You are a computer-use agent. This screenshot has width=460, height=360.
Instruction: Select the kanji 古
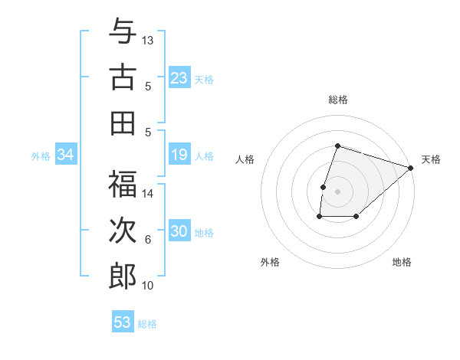(123, 77)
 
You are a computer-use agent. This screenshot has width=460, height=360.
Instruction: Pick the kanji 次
(123, 231)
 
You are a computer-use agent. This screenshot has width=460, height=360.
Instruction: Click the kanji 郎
(123, 276)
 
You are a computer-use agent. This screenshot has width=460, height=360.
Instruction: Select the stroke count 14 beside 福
(148, 194)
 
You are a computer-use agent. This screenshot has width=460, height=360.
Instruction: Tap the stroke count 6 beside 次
(148, 240)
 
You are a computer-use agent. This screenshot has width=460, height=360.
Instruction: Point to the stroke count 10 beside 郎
(148, 286)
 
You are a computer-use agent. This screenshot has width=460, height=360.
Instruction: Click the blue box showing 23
(179, 78)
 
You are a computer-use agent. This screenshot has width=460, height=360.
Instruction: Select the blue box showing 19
(179, 155)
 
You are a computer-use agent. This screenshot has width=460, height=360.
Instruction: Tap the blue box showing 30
(179, 232)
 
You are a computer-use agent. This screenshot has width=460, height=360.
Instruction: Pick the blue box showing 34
(65, 155)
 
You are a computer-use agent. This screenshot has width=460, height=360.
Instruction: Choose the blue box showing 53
(123, 322)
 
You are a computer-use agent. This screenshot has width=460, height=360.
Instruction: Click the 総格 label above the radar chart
(337, 100)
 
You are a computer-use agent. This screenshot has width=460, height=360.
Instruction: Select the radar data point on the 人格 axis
(324, 187)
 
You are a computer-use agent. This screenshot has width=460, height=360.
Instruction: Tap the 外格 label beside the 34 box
(41, 156)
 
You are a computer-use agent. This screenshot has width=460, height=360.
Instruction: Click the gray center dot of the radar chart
(337, 191)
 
